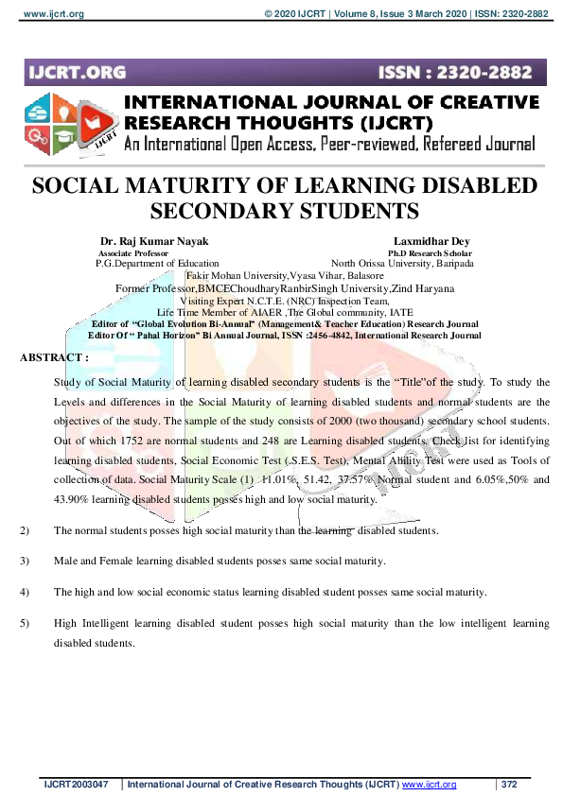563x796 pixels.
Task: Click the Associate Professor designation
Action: [x=136, y=253]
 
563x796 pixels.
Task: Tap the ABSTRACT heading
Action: [x=54, y=357]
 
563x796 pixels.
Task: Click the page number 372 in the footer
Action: [x=509, y=785]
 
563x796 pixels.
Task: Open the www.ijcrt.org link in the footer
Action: [x=430, y=785]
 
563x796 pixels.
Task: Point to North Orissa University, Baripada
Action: [x=402, y=264]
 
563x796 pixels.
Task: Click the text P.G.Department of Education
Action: [x=157, y=264]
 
